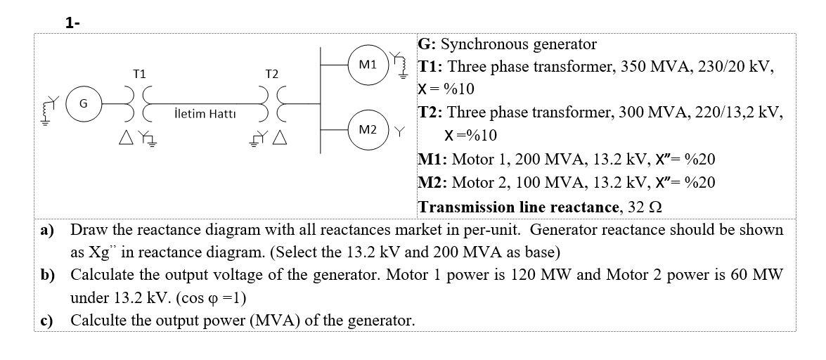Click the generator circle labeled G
(x=83, y=104)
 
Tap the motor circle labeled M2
(x=368, y=129)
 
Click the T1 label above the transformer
(x=140, y=74)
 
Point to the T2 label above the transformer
(x=272, y=74)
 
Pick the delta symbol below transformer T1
(x=126, y=137)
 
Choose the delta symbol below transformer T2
(x=280, y=137)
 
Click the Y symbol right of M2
(x=400, y=131)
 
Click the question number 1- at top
(x=72, y=22)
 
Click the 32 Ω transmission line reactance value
(x=645, y=207)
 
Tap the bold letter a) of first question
(x=47, y=230)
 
